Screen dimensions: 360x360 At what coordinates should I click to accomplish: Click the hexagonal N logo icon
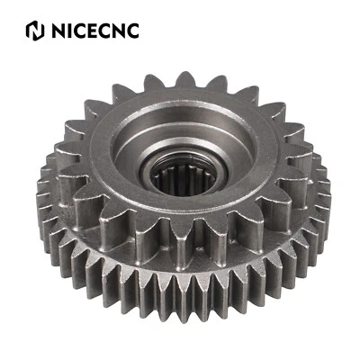tap(35, 31)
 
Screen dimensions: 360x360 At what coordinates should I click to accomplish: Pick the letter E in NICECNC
tap(95, 31)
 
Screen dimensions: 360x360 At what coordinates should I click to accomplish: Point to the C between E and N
tap(109, 31)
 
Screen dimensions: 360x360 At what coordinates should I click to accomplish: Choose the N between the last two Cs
tap(121, 31)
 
